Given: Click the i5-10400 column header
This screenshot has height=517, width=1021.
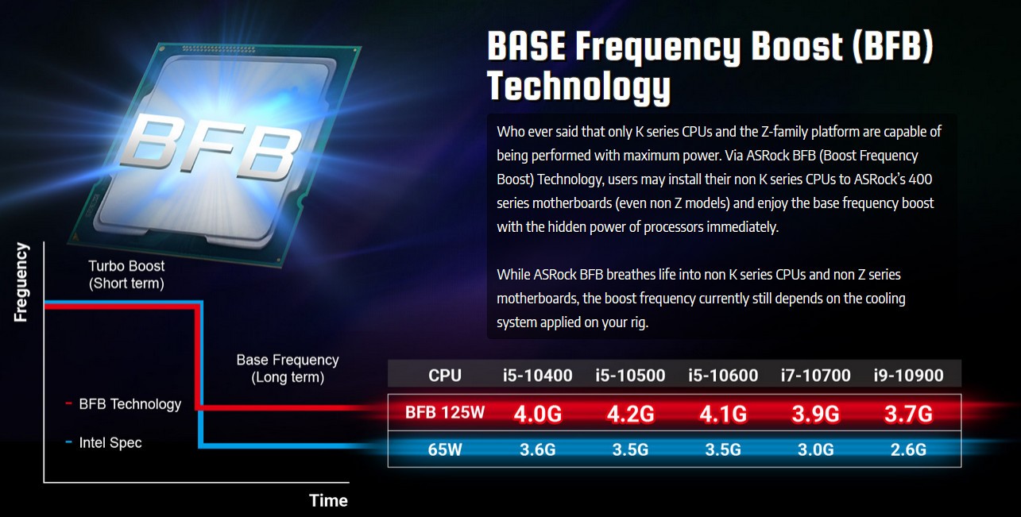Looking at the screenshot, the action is [537, 376].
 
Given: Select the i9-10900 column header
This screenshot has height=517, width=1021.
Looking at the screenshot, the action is [908, 376].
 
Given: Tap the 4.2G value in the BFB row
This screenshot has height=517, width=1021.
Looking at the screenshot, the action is [630, 414].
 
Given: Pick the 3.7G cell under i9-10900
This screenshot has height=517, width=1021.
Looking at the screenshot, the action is [908, 414].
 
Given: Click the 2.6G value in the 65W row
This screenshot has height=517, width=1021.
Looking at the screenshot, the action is [908, 449].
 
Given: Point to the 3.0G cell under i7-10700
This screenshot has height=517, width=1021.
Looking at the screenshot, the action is [816, 449].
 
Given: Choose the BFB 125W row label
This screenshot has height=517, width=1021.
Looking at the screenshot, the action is [445, 413].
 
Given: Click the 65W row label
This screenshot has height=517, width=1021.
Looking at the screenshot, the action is [445, 449].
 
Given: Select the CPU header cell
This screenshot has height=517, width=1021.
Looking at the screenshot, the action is [445, 376].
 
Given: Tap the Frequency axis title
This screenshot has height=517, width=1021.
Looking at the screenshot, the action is [21, 283].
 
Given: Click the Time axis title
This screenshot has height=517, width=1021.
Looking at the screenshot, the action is [328, 500].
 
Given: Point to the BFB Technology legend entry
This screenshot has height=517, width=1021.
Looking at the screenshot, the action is [123, 404].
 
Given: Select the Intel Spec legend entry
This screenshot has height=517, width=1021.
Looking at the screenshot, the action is [103, 442].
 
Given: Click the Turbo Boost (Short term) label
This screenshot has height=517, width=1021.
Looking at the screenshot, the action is [126, 275].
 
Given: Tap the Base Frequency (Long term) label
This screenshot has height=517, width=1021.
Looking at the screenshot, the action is [288, 368].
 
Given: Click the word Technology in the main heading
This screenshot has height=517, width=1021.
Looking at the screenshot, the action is [579, 87].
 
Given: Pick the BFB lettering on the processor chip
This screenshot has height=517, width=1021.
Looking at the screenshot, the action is [211, 147].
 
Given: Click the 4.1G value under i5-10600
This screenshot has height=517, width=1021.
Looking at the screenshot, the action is [723, 414].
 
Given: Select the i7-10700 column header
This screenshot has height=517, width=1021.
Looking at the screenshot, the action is [816, 376].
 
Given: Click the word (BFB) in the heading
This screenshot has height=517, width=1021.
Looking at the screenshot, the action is [892, 46].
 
